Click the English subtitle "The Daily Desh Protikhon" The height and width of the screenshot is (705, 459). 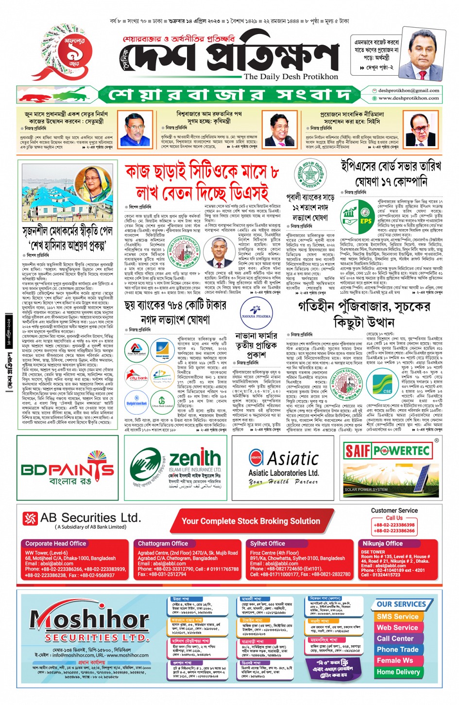290,77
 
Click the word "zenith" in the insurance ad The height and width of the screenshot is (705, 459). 194,458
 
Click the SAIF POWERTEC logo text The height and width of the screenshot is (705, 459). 387,451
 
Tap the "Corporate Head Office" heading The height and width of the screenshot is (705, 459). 55,544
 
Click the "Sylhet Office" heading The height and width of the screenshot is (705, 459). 267,544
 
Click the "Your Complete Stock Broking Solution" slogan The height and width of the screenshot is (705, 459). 251,521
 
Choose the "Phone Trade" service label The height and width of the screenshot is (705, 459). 397,650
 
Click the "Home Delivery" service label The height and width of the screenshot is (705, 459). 398,672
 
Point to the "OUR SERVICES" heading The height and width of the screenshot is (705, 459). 401,604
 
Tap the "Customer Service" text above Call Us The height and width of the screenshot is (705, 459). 394,510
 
